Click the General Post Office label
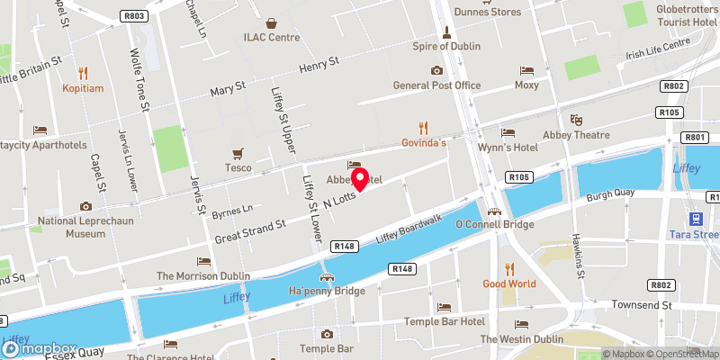tap(436, 85)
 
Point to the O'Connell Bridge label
tap(496, 224)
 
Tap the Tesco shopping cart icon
tap(238, 153)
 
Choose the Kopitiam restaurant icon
tap(84, 73)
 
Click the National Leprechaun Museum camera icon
tap(85, 206)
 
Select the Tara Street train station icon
tap(696, 219)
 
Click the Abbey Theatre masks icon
tap(576, 120)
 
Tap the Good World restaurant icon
tap(508, 268)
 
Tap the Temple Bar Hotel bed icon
tap(443, 307)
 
